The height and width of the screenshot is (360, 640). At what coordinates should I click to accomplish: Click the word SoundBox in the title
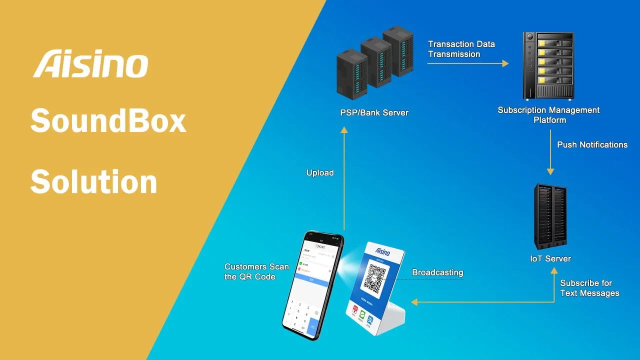(x=108, y=121)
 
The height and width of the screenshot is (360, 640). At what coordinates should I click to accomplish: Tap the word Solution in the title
(x=94, y=181)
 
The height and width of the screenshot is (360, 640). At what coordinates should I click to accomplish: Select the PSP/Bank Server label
(x=374, y=113)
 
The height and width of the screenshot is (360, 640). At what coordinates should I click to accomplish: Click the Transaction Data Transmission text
(x=461, y=49)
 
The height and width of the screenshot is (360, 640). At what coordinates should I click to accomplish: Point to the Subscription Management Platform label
(x=548, y=115)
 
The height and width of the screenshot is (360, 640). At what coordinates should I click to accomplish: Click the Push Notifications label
(x=592, y=145)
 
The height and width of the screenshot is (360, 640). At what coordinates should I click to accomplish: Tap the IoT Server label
(x=550, y=259)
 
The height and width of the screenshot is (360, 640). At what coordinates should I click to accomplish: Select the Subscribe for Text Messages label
(x=589, y=288)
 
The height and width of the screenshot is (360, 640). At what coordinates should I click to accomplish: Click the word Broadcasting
(x=437, y=273)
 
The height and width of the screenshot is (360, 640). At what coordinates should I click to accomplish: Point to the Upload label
(x=320, y=173)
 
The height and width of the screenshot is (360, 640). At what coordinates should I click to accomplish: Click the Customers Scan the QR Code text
(x=256, y=272)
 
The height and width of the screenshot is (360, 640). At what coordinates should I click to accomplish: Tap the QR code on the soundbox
(x=375, y=278)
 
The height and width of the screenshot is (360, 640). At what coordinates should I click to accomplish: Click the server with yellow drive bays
(x=548, y=65)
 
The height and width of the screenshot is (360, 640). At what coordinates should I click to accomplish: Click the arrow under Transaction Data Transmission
(x=468, y=63)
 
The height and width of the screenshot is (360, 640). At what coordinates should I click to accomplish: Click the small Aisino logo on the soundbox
(x=382, y=251)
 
